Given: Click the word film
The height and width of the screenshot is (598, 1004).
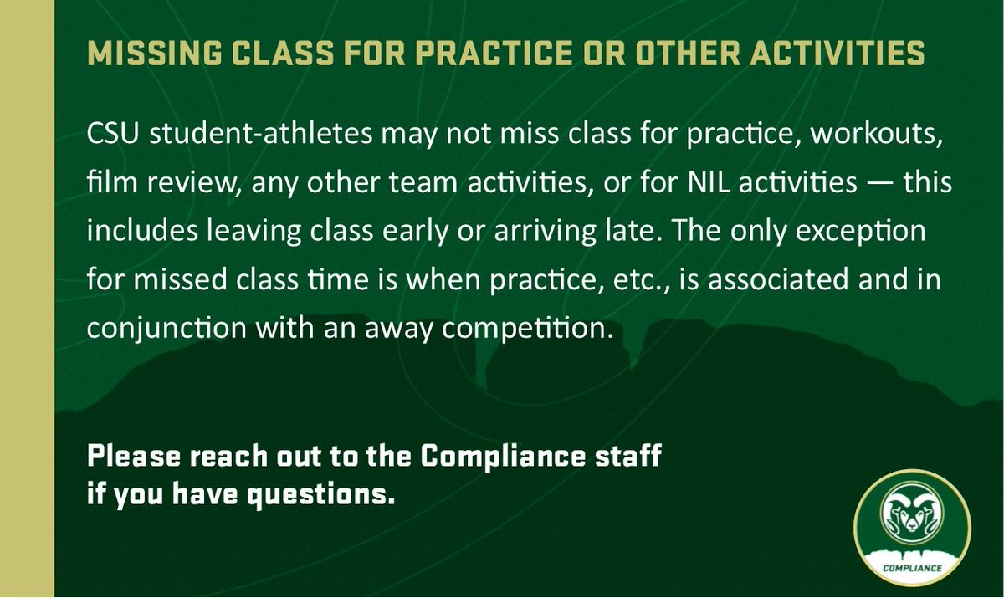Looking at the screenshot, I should tap(105, 183).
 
